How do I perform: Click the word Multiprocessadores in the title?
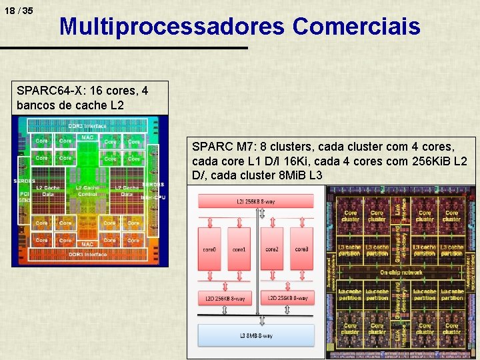pyautogui.click(x=172, y=27)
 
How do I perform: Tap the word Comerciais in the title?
pyautogui.click(x=356, y=27)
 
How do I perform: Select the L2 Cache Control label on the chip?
pyautogui.click(x=87, y=191)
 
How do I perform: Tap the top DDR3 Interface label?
pyautogui.click(x=87, y=127)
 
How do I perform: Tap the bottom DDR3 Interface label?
pyautogui.click(x=87, y=254)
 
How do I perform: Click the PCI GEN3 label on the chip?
pyautogui.click(x=25, y=196)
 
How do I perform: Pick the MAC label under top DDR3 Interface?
pyautogui.click(x=87, y=138)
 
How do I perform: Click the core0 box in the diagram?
pyautogui.click(x=209, y=249)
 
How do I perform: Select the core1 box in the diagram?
pyautogui.click(x=239, y=249)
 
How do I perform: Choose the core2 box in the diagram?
pyautogui.click(x=272, y=249)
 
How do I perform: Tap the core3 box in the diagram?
pyautogui.click(x=301, y=249)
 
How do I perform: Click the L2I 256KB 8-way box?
pyautogui.click(x=255, y=201)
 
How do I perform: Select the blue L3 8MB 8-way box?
pyautogui.click(x=255, y=335)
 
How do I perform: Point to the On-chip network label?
pyautogui.click(x=401, y=273)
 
